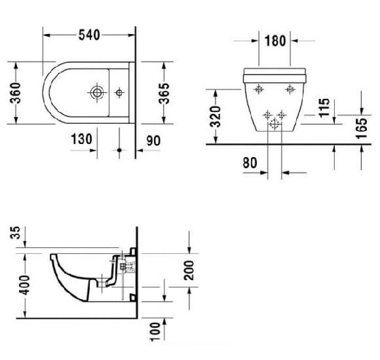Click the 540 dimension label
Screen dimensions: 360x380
point(90,35)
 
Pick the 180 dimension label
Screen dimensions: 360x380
point(274,41)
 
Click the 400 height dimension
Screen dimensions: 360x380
point(15,285)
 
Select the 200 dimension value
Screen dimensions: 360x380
point(190,268)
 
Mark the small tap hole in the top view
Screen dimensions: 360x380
point(119,92)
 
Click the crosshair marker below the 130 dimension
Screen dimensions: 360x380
point(119,150)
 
